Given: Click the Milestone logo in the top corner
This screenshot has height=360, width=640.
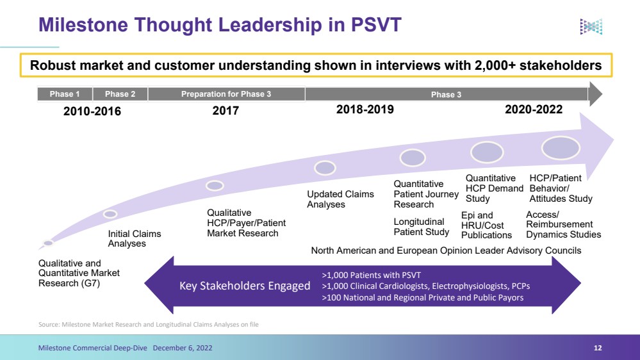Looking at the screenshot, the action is tap(591, 26).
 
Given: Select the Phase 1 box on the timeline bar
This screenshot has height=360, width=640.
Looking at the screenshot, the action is tap(65, 94).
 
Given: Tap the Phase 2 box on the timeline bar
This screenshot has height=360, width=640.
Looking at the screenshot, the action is tap(120, 94).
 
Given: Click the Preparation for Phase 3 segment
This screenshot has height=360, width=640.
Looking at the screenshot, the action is tap(226, 94).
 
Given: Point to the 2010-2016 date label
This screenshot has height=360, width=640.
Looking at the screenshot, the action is tap(92, 111).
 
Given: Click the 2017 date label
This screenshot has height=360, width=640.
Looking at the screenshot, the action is tap(226, 111).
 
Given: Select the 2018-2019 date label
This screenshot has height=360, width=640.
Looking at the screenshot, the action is tap(365, 110).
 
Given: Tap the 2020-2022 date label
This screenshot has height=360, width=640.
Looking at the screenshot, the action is tap(534, 110).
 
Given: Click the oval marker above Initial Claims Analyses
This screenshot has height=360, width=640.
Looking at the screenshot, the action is tap(110, 214).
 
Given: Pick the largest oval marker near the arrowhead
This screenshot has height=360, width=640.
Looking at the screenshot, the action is tap(561, 148).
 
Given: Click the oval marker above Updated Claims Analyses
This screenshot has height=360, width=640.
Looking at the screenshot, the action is tap(325, 168).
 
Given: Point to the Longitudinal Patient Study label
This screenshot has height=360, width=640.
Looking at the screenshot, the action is tap(422, 227).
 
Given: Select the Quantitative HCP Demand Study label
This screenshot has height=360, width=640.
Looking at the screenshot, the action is tap(495, 188).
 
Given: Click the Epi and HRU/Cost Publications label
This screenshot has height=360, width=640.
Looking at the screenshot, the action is tap(486, 225).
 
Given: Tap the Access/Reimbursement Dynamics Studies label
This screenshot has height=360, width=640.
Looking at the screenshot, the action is tap(563, 224).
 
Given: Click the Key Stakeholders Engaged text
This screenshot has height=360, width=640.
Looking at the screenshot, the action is tap(245, 286).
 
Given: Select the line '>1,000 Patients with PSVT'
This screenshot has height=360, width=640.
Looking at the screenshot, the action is tap(371, 275).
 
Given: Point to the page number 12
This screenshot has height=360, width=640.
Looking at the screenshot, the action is tap(598, 348).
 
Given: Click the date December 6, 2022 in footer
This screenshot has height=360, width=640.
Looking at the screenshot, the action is tap(183, 348).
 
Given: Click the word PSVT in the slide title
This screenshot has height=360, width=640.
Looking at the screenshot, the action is tap(376, 25).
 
